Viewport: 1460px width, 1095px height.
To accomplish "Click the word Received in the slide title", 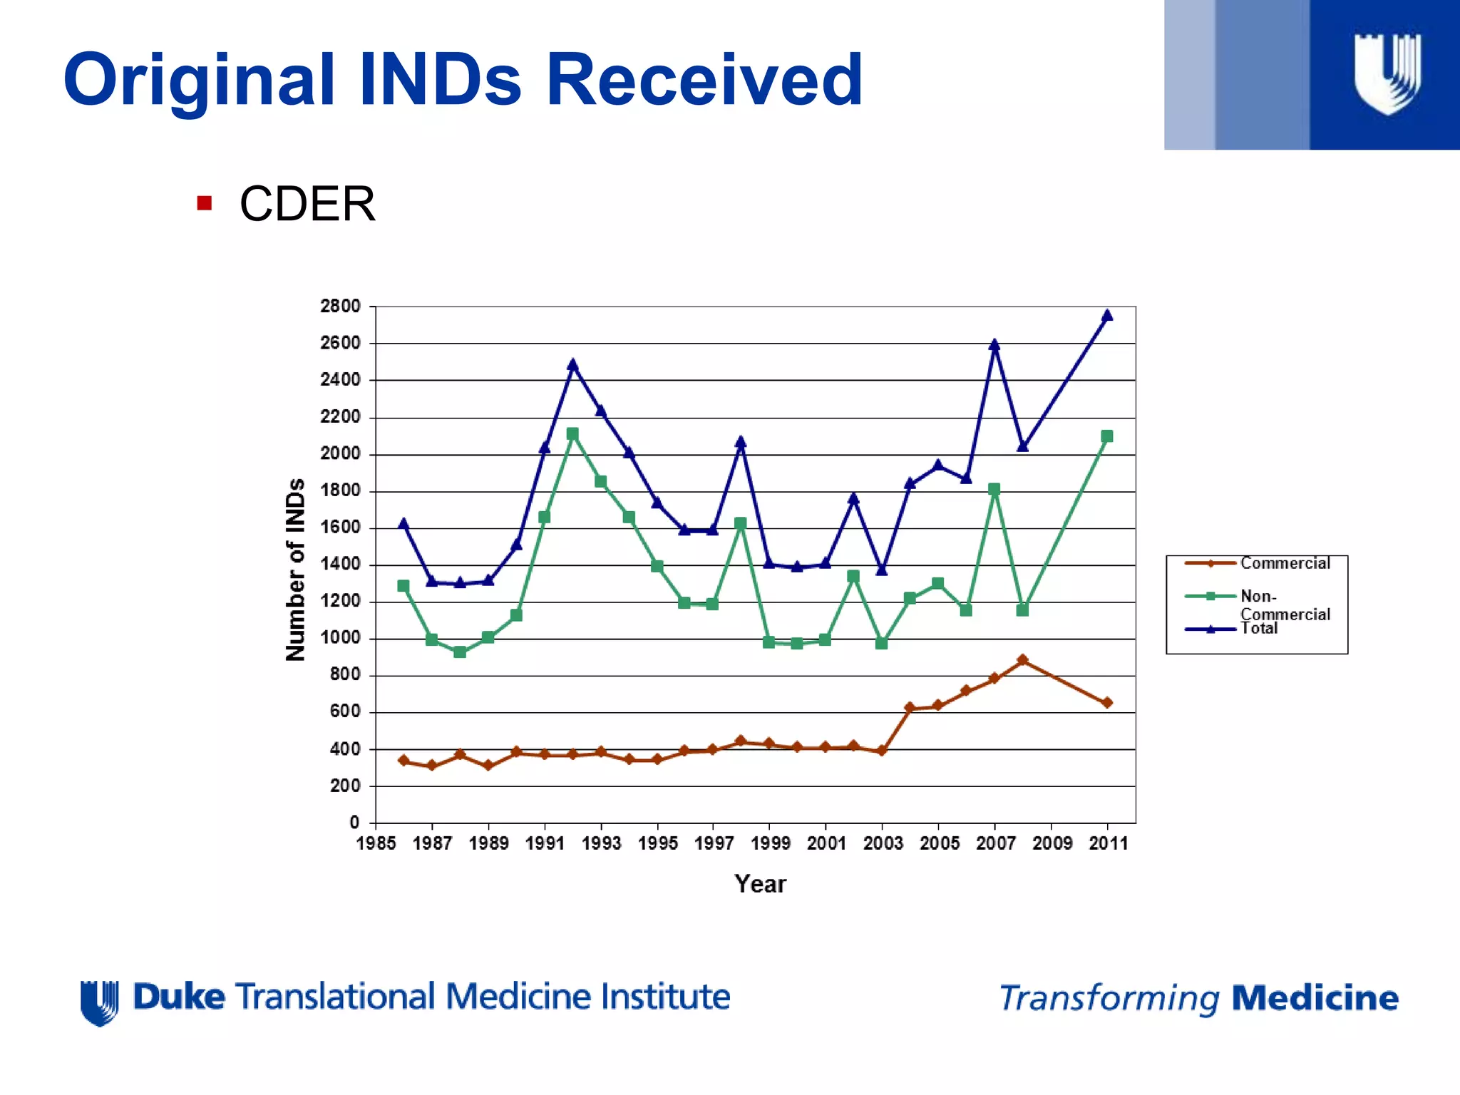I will coord(704,80).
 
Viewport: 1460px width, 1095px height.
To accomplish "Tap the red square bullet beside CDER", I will coord(205,203).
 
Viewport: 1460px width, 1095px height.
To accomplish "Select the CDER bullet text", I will coord(307,205).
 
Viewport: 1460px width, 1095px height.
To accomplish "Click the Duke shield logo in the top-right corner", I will coord(1387,74).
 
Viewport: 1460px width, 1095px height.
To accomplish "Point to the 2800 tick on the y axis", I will coord(340,307).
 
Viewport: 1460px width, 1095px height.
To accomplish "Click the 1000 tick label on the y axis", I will coord(340,638).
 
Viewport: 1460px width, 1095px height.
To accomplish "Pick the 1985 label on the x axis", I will coord(376,843).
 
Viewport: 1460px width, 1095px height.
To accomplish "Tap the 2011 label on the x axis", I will coord(1108,843).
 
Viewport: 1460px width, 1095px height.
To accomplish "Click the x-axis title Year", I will coord(760,884).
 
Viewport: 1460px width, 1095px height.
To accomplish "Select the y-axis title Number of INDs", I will coord(295,570).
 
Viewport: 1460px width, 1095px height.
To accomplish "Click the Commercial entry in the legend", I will coord(1285,563).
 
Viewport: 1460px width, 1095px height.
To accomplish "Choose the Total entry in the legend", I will coord(1259,628).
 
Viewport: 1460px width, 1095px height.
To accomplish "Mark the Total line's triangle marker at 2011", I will coord(1107,315).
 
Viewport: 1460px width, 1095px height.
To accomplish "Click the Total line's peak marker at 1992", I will coord(572,364).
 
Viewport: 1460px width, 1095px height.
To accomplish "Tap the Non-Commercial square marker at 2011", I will coord(1107,436).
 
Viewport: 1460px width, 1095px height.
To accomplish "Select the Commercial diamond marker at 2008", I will coord(1022,660).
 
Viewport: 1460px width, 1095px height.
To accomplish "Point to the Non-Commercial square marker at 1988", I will coord(460,652).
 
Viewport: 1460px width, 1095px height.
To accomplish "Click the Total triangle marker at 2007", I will coord(994,345).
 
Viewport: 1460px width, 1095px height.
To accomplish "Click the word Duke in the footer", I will coord(179,997).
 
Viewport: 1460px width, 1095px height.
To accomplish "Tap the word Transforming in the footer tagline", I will coord(1109,999).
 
